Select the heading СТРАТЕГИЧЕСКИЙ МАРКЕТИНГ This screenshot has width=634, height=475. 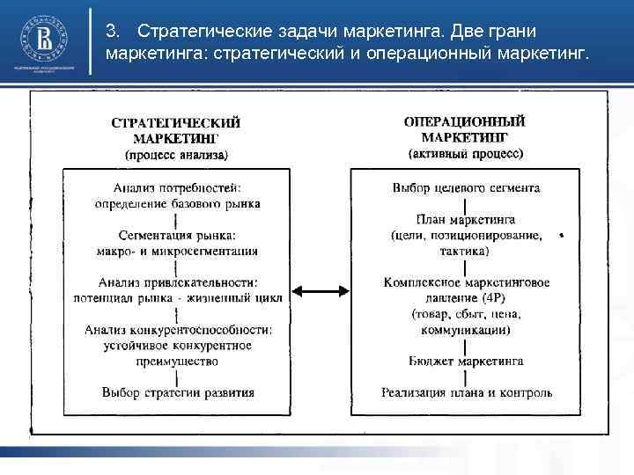click(x=176, y=130)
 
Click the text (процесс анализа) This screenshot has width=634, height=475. click(x=176, y=155)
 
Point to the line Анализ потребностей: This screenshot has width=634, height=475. click(x=177, y=187)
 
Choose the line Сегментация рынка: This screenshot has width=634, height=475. click(x=177, y=235)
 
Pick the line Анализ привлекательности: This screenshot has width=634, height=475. click(x=177, y=282)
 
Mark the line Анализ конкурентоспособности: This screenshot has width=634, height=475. click(x=178, y=330)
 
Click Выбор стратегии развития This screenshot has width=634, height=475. click(x=178, y=392)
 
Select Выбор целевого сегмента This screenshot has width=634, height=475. click(x=466, y=187)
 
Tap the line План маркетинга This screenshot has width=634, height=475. click(x=466, y=219)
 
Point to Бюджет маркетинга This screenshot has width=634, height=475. click(x=466, y=361)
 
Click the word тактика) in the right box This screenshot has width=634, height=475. click(x=466, y=251)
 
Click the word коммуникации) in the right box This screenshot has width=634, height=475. click(x=466, y=330)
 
